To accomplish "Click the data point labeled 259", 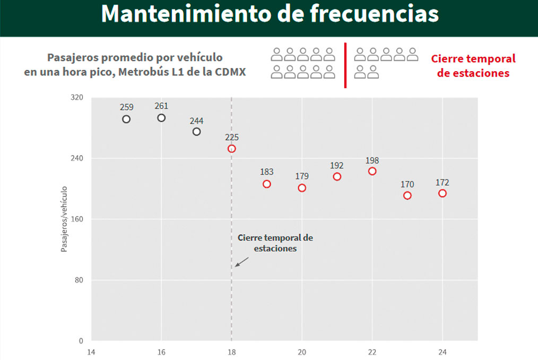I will coord(126,119).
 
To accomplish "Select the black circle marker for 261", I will coord(161,117).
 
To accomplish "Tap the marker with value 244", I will coord(196,132).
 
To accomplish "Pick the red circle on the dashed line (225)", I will coord(231,149).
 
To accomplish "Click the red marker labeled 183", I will coord(267,184).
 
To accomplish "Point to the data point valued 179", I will coord(302,188).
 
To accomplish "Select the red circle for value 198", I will coord(372,171).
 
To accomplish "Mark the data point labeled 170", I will coord(407,195).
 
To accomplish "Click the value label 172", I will coord(442,183).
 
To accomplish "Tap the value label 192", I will coord(337,165).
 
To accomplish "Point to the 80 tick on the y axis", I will coord(80,280).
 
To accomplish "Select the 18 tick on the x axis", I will coord(231,352).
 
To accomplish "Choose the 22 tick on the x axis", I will coord(372,352).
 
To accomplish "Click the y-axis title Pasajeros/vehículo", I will coord(64,218).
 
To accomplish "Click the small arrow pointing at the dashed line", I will coord(241,261).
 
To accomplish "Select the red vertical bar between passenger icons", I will coord(345,65).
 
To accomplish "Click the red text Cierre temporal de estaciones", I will coord(473,66).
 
